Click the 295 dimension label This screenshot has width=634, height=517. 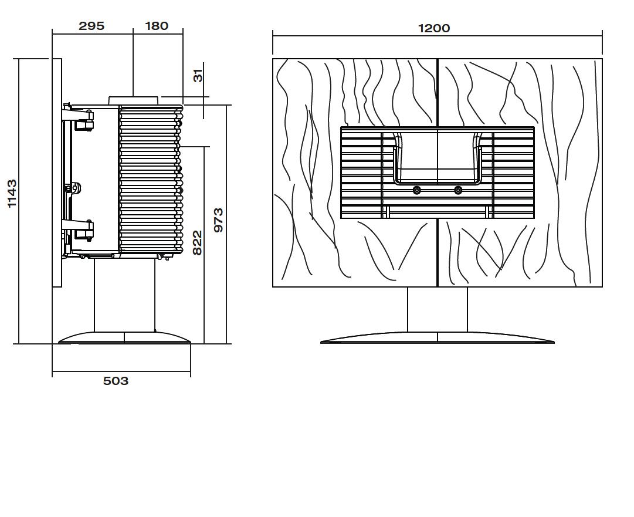click(x=91, y=26)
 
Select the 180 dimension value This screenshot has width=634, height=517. click(x=157, y=26)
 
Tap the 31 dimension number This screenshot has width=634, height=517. click(x=198, y=75)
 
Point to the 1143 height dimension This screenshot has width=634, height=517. click(x=12, y=194)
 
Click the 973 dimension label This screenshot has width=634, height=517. click(x=218, y=220)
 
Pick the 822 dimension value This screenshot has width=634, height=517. click(x=197, y=243)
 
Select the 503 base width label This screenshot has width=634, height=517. click(x=116, y=381)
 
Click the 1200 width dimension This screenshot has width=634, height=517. click(x=434, y=28)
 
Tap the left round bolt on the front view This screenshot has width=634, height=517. click(x=417, y=190)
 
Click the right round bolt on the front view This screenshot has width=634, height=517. click(x=458, y=190)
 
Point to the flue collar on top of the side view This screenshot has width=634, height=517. click(x=133, y=101)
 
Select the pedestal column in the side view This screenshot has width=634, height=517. click(x=124, y=295)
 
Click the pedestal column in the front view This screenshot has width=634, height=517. click(x=438, y=310)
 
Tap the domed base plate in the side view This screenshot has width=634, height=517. click(x=124, y=338)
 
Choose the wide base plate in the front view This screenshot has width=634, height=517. click(x=438, y=338)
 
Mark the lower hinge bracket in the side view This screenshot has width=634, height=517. click(x=79, y=230)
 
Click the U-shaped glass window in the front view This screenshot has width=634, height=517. click(x=438, y=158)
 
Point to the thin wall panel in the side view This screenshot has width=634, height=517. click(x=57, y=173)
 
